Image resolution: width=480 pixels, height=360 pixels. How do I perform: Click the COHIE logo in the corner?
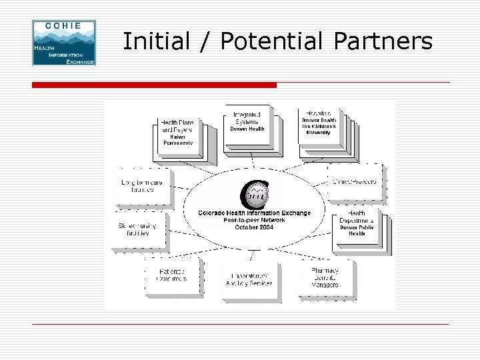click(63, 43)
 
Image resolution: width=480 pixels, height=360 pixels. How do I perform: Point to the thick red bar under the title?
click(154, 85)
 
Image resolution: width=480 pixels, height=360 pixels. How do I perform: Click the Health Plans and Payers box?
click(177, 133)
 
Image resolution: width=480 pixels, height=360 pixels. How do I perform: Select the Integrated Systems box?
click(247, 121)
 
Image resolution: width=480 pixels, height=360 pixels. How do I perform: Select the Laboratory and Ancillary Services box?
click(251, 279)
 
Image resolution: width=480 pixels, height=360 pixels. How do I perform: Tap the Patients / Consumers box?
click(171, 275)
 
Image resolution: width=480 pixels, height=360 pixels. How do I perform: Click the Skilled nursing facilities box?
click(138, 229)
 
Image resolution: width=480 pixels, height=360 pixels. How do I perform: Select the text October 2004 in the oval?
click(254, 227)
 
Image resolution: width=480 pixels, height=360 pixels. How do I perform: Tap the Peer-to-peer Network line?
click(254, 220)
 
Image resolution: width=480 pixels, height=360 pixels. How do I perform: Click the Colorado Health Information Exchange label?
click(254, 213)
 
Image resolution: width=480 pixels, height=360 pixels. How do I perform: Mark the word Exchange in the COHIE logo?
click(79, 60)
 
